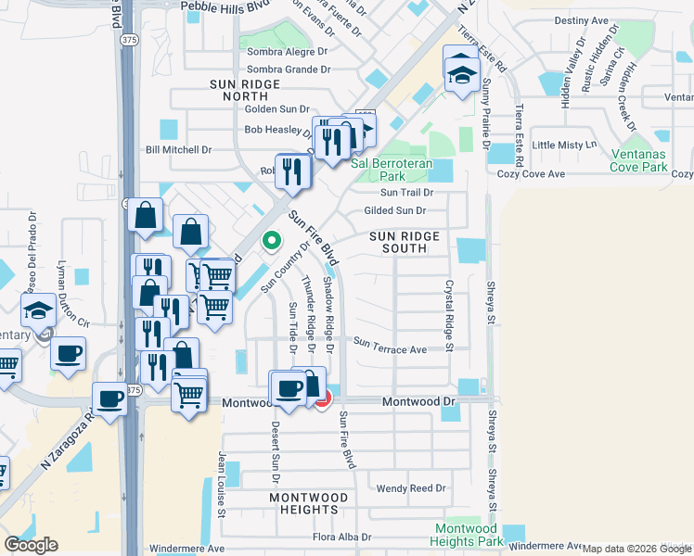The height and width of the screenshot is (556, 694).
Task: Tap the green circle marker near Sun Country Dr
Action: (x=271, y=241)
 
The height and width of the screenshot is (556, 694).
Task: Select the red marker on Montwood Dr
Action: (x=322, y=399)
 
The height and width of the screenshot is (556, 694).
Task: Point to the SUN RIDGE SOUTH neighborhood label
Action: (x=405, y=243)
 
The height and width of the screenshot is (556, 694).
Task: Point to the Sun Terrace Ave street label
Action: (x=389, y=349)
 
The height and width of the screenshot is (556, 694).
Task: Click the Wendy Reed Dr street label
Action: (x=411, y=487)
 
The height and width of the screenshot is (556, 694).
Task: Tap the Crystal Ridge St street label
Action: (x=448, y=315)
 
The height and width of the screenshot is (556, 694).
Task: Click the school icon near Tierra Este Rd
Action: (x=460, y=70)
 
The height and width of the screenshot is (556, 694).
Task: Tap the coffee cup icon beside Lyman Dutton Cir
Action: (x=68, y=353)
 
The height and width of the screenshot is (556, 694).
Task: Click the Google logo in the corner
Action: (x=31, y=544)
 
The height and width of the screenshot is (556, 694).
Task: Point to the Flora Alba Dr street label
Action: (x=341, y=537)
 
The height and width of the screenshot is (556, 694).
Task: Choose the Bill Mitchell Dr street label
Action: (x=179, y=149)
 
